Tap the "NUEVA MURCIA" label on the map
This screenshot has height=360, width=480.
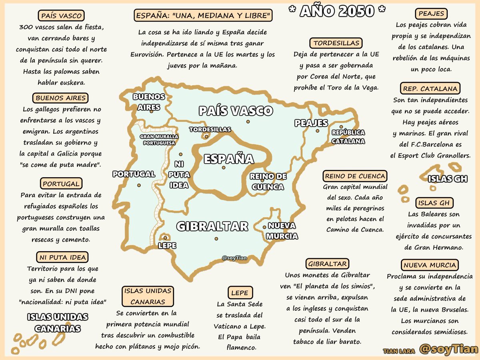tap(282, 231)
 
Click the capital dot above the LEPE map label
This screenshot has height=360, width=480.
tap(165, 237)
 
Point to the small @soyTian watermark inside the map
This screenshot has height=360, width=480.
tap(234, 258)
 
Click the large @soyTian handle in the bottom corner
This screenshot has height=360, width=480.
tap(448, 349)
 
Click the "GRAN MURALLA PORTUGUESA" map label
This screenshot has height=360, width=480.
tap(159, 139)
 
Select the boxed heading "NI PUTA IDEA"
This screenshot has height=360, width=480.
tap(62, 257)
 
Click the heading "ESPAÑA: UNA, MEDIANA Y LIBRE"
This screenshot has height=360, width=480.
tap(203, 16)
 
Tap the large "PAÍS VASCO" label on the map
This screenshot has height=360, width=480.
tap(236, 111)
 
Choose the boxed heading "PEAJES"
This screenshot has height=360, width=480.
tap(431, 14)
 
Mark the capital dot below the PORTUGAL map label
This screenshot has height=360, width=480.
tap(139, 185)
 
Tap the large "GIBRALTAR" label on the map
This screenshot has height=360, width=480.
tap(212, 226)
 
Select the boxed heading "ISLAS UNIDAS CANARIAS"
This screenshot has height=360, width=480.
tap(148, 296)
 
